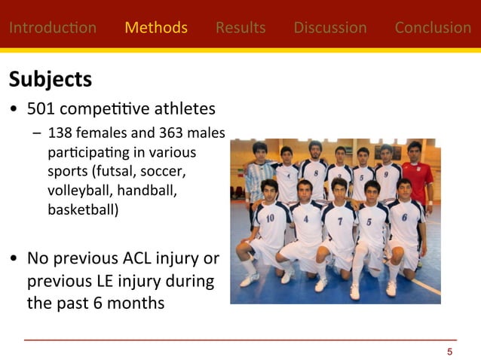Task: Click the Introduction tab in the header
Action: [53, 28]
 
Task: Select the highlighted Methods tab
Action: [156, 28]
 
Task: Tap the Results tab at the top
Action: [240, 28]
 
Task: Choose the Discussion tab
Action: [330, 28]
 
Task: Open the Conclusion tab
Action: [433, 28]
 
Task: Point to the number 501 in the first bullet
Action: [42, 109]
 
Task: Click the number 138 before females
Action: [60, 133]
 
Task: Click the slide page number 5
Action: [450, 352]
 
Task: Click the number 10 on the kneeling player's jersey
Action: [270, 218]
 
